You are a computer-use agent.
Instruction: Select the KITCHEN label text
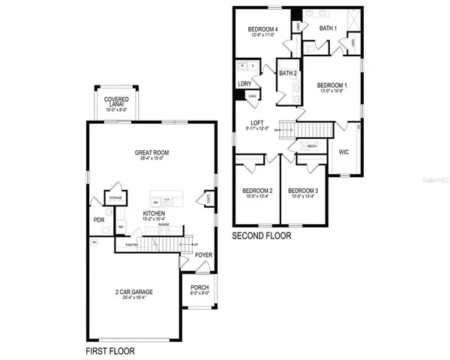[x=154, y=214]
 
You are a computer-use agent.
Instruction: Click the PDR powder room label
[x=98, y=220]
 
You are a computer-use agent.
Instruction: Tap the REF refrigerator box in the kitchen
[x=121, y=228]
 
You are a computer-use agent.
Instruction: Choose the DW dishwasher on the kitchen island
[x=156, y=202]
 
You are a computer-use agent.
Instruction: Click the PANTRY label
[x=132, y=244]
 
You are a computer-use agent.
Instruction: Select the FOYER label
[x=203, y=255]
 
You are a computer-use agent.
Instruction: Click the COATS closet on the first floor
[x=207, y=199]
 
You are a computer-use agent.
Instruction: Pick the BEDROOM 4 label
[x=264, y=30]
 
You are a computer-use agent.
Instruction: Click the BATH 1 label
[x=328, y=28]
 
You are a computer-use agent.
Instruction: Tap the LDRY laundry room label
[x=244, y=84]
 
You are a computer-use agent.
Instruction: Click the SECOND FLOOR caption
[x=262, y=235]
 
